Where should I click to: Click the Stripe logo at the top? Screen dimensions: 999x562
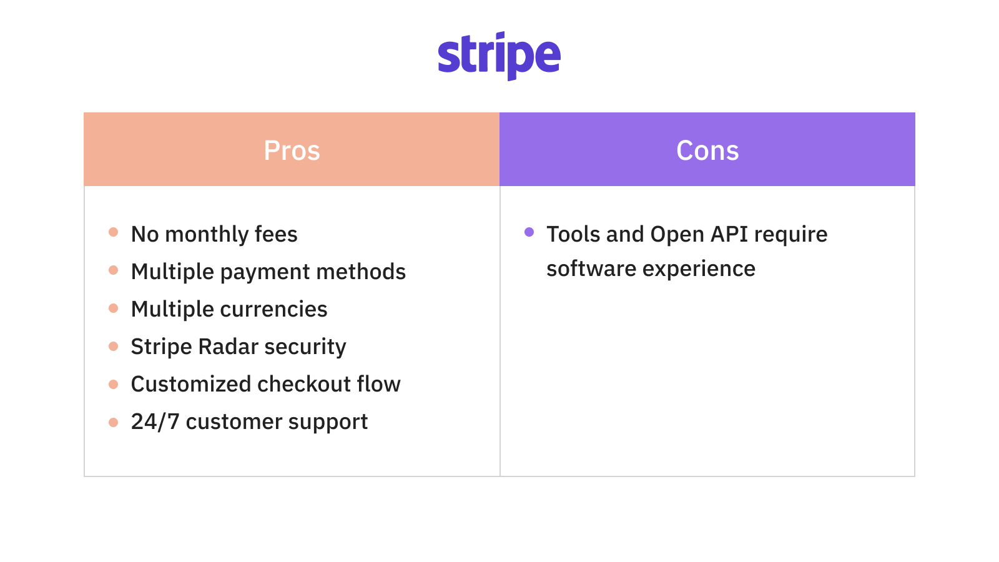point(499,56)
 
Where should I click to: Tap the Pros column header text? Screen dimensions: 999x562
point(292,150)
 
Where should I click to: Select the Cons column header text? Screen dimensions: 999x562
point(707,150)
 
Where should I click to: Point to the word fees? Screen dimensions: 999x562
point(276,234)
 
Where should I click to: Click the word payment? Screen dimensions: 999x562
point(265,272)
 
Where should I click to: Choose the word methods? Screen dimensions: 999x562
point(361,272)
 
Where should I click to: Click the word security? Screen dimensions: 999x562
point(305,347)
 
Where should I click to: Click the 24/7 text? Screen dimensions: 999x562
point(155,421)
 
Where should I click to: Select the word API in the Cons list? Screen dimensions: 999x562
point(729,234)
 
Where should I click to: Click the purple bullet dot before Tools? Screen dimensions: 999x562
point(529,232)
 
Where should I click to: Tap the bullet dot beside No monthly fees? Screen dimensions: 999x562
point(113,232)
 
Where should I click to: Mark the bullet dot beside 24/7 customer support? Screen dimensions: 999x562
point(113,422)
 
